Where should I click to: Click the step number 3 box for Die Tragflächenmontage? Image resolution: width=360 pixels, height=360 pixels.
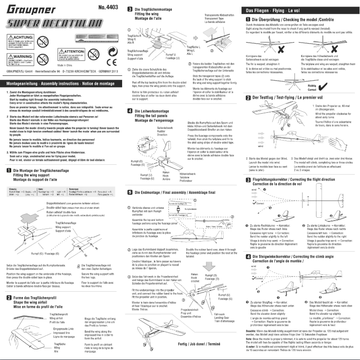(x=130, y=9)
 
